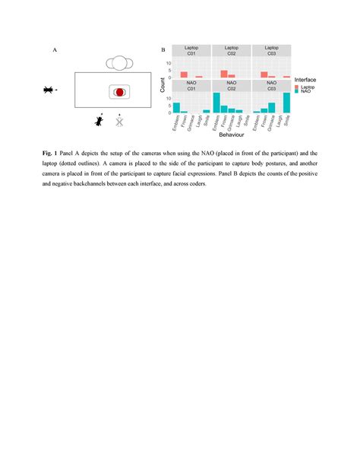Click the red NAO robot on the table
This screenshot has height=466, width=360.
120,91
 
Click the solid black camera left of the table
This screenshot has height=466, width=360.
49,90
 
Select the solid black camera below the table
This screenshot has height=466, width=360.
99,119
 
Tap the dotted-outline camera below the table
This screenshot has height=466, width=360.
119,120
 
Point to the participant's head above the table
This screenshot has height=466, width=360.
119,63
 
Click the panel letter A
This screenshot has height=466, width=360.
54,51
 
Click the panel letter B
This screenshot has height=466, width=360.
163,51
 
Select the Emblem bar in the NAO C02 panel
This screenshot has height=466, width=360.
216,103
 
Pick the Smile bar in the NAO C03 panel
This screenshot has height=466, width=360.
287,103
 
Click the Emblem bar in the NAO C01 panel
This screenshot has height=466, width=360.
177,108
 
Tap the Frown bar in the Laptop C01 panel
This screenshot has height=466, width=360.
184,74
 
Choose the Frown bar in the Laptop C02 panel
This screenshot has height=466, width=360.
224,74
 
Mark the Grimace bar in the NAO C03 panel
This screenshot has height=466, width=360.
272,108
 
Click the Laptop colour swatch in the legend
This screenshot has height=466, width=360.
297,87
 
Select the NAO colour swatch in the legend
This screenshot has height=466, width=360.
297,92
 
